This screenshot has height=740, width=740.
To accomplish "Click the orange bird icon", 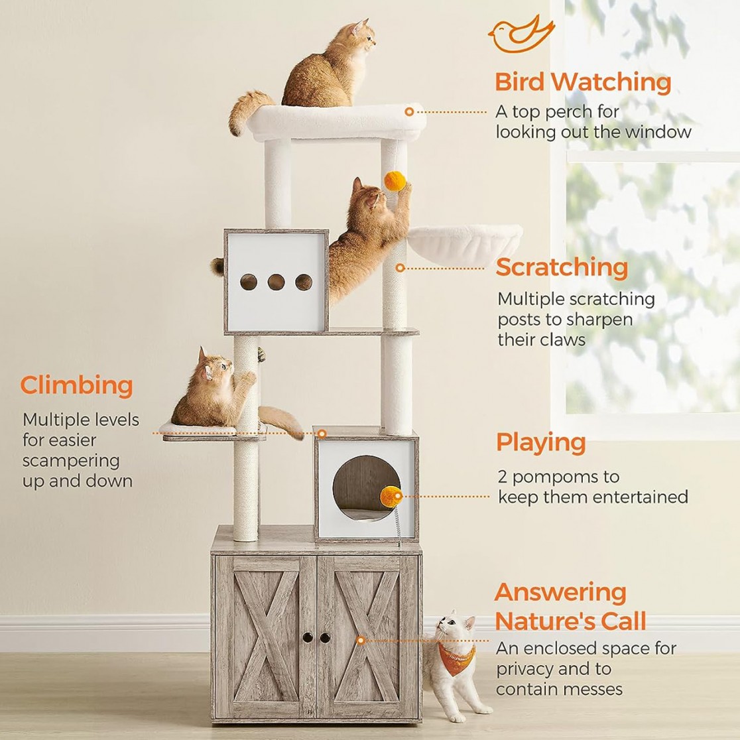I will [x=521, y=34].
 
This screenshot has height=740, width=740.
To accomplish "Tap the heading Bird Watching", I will [x=583, y=82].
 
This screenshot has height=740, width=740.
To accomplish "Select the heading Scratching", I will [x=562, y=267].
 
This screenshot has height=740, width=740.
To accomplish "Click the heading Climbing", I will [x=76, y=385].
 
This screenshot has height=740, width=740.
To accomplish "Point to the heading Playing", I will [x=541, y=442].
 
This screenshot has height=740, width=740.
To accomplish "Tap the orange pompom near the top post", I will [x=394, y=180].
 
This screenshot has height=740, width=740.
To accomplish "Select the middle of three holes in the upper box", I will [x=277, y=282].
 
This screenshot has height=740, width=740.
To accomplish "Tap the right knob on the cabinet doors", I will [x=325, y=637].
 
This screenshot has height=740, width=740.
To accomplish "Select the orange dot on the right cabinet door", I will [x=361, y=641].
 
